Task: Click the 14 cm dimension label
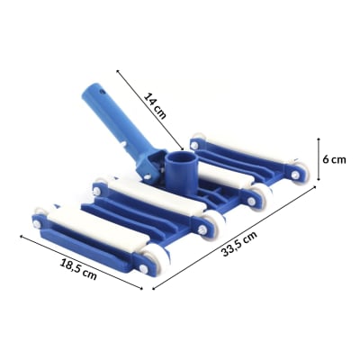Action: [155, 105]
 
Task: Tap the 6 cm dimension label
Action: [334, 159]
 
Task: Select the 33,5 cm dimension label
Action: [239, 244]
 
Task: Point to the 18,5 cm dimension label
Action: [78, 270]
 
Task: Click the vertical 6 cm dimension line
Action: [319, 159]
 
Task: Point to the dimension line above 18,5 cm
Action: [81, 262]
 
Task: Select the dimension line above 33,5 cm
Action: [234, 238]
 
